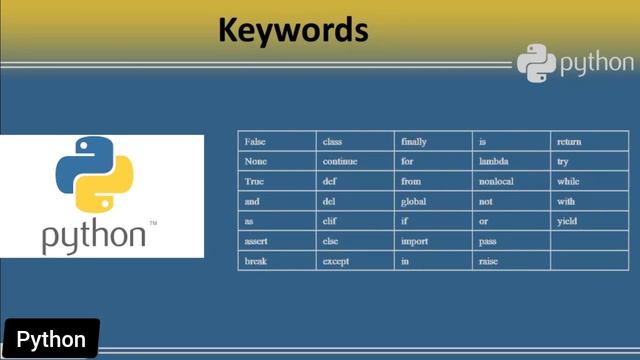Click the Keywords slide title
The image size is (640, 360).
[293, 31]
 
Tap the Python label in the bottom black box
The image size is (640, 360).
[51, 340]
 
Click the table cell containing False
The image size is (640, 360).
[255, 142]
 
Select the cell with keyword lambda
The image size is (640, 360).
[495, 161]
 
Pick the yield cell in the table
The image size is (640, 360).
[567, 221]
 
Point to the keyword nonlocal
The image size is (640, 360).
[499, 181]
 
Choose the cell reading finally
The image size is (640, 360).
[414, 142]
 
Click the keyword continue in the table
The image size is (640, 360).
[340, 161]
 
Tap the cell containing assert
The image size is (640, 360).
[257, 241]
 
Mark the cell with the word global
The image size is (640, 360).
[413, 201]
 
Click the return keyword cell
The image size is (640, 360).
[569, 142]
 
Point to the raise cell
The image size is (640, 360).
[489, 261]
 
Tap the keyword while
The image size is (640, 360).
[568, 181]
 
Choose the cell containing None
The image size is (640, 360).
[255, 161]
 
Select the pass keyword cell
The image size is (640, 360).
[488, 241]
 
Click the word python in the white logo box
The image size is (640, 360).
[94, 235]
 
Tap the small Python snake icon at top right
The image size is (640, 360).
[536, 63]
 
